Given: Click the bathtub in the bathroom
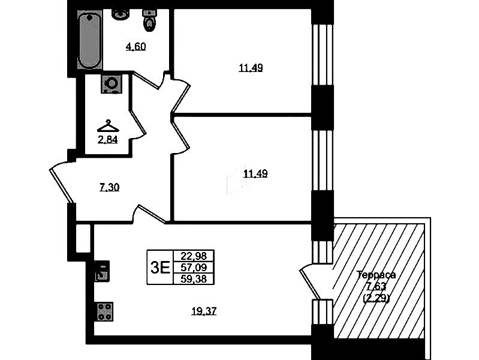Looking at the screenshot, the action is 89,40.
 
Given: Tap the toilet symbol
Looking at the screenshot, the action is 150,20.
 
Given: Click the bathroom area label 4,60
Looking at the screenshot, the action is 136,47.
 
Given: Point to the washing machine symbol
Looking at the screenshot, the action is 112,83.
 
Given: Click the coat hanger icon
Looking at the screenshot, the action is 108,126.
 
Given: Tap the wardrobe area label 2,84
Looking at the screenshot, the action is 107,140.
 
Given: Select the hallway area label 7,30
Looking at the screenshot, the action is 109,187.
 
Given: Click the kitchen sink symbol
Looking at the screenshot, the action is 102,271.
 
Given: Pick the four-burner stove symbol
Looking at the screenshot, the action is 105,311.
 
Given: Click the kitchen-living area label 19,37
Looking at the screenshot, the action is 204,311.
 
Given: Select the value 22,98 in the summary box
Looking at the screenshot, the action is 194,256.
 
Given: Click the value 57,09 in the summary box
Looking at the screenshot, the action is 194,268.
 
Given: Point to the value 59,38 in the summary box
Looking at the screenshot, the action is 194,278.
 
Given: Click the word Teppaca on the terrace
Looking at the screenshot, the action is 376,275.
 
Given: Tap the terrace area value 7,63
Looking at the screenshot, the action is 376,286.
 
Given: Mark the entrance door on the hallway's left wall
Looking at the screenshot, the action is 62,181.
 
